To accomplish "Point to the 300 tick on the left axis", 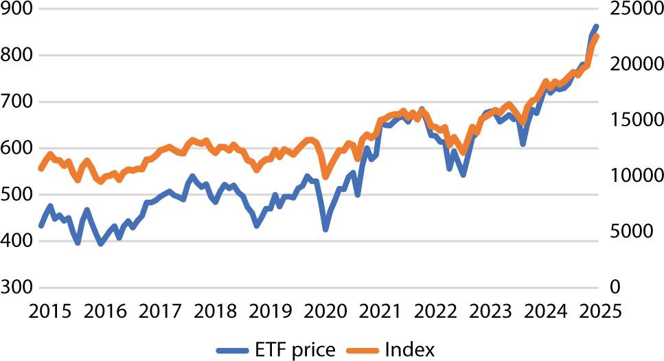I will [x=16, y=288].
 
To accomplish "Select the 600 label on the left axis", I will [x=16, y=148].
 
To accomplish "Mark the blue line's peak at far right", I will [x=596, y=26].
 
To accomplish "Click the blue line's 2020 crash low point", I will [x=325, y=229].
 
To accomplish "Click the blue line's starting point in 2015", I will [x=41, y=226].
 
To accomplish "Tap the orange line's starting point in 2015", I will [x=41, y=169].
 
